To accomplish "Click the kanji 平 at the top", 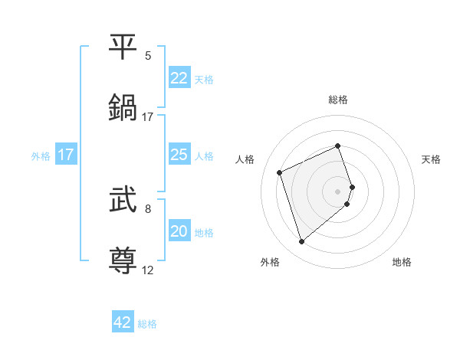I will pos(124,47).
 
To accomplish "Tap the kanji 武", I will pos(124,201).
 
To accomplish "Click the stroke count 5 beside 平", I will pos(148,56).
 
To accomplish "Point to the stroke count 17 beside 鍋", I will pos(148,117).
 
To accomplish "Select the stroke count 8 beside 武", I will pos(148,208).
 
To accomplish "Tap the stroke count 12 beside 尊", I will pos(148,270).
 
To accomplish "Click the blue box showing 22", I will pos(179,78).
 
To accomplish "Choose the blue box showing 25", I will pos(179,155).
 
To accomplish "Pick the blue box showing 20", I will pos(179,231).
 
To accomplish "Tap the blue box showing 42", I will pos(123,322).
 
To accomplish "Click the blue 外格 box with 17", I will pos(66,155).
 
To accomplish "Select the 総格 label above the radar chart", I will pos(338,100).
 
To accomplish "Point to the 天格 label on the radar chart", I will pos(431,159).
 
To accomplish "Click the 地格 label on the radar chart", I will pos(402,262).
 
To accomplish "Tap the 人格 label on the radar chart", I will pos(245,159).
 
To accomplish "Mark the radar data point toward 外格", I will pos(301,242).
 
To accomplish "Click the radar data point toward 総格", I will pos(338,146).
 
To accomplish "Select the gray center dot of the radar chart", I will pos(338,191).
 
